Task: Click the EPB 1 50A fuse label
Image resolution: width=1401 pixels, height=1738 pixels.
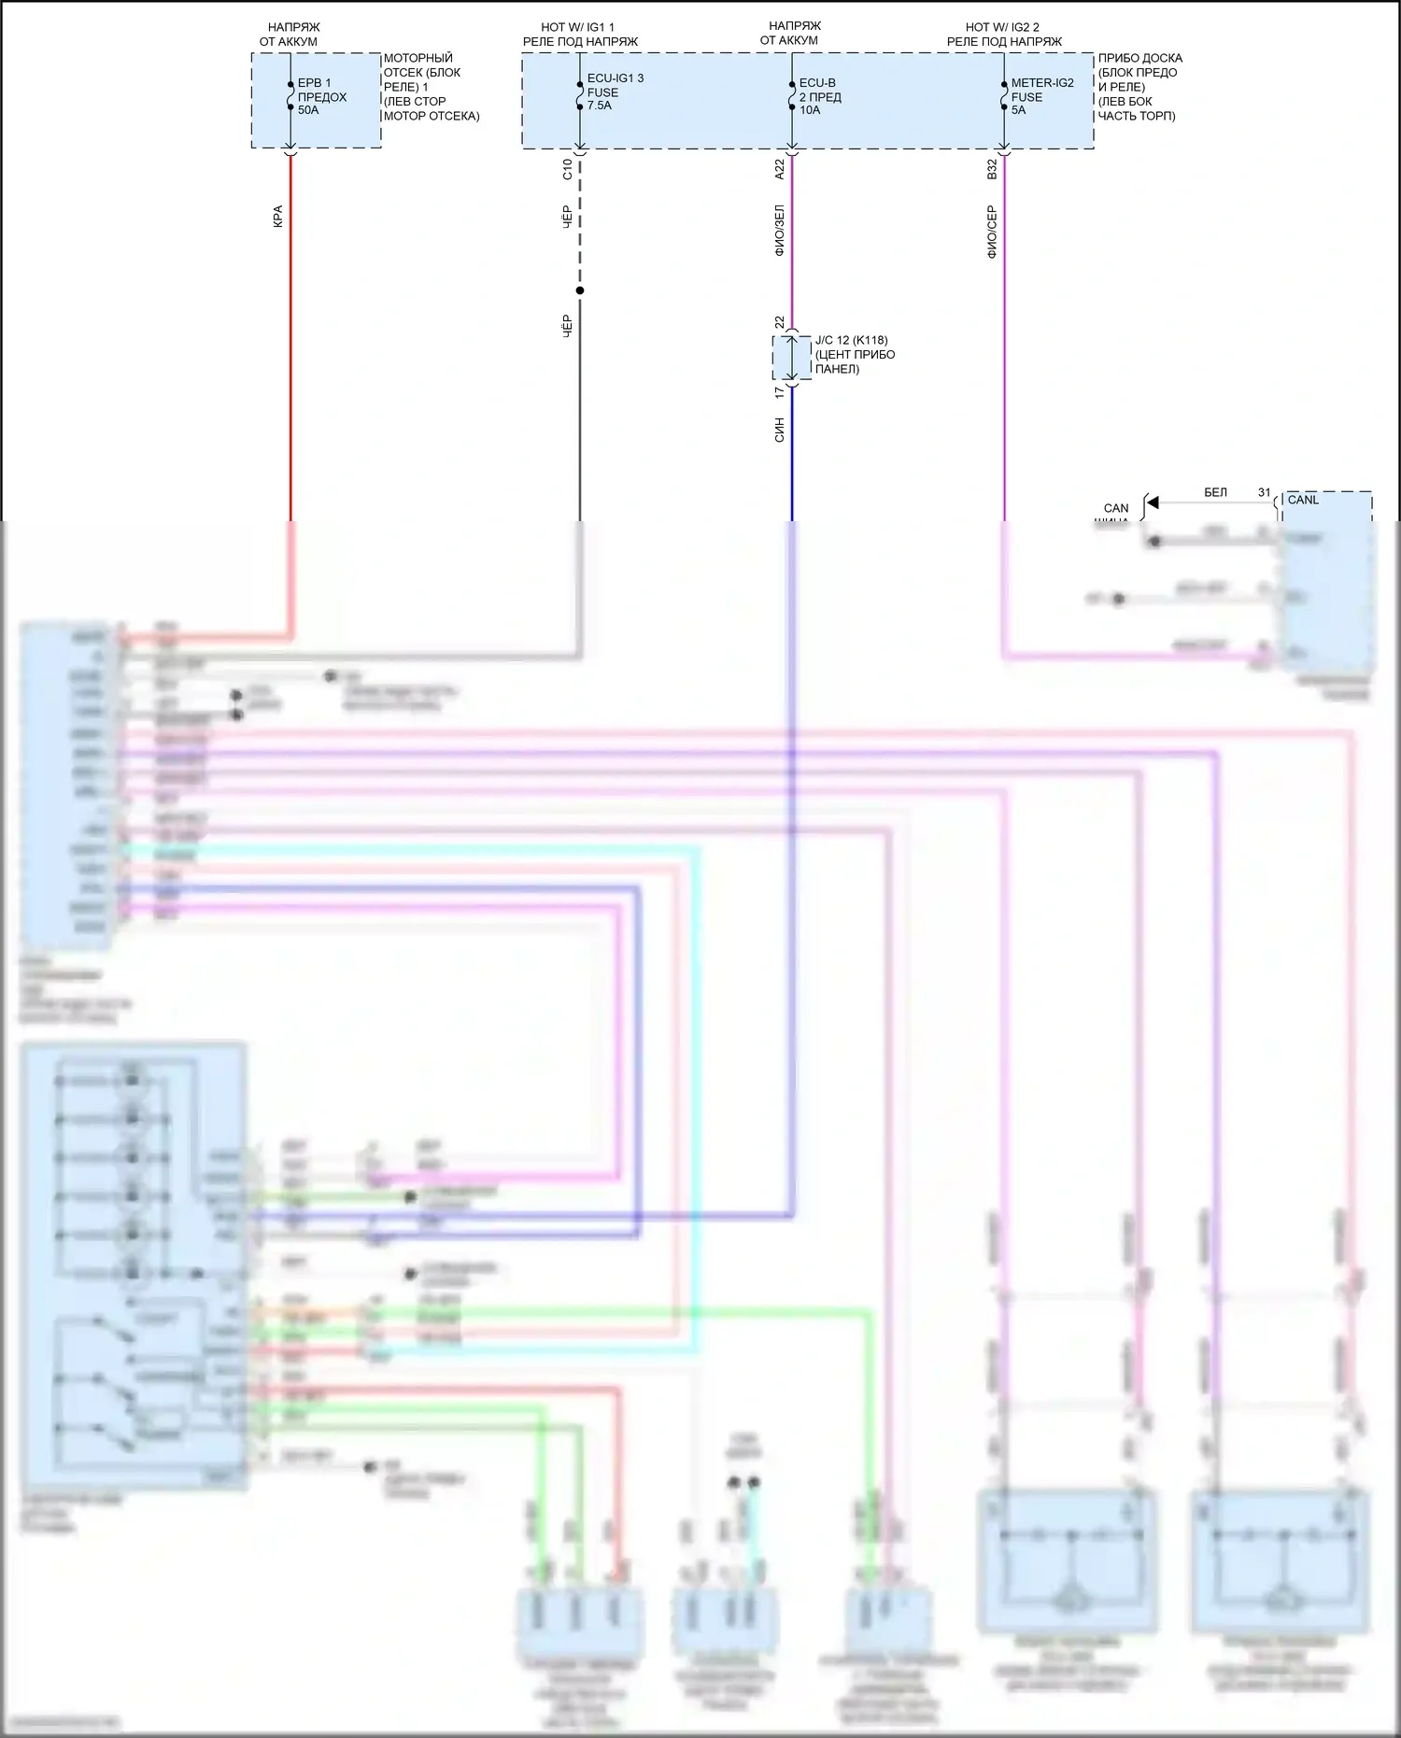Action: (x=321, y=96)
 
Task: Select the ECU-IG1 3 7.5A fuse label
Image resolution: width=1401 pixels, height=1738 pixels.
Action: (x=615, y=92)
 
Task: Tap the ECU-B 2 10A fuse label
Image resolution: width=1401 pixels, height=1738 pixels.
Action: (x=819, y=96)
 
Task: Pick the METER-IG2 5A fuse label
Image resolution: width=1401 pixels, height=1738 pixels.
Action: (x=1041, y=96)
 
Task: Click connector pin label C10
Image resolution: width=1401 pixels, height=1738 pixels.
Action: (x=567, y=169)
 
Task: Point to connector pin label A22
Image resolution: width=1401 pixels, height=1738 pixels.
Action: (x=780, y=169)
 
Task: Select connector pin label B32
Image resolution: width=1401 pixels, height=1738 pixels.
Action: (x=992, y=169)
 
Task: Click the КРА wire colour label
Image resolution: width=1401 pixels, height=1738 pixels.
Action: (x=277, y=217)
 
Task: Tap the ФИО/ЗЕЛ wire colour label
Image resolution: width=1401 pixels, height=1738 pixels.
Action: (x=780, y=231)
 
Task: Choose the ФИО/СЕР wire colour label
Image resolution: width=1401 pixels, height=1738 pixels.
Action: (x=992, y=232)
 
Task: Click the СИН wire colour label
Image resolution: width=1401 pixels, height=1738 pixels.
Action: (x=780, y=430)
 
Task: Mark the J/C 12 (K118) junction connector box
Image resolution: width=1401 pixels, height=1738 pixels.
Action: (x=791, y=357)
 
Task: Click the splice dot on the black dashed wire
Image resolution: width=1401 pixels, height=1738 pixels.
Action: (x=580, y=290)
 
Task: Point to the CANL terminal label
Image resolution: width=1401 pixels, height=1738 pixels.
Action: (x=1303, y=500)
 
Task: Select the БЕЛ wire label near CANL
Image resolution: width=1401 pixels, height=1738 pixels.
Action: (x=1215, y=492)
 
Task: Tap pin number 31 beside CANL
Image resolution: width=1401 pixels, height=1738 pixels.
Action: (x=1264, y=492)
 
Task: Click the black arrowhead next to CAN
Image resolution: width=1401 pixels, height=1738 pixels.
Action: (x=1153, y=502)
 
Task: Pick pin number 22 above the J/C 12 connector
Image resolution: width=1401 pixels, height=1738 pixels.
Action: (x=780, y=322)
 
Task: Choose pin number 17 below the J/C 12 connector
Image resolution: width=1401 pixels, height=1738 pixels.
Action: (x=780, y=393)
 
